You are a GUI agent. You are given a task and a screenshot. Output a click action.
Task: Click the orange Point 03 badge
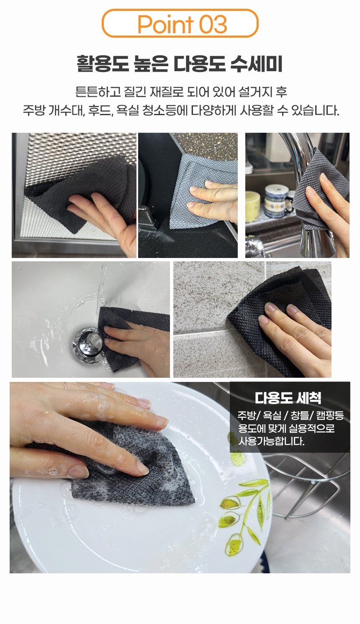tap(180, 24)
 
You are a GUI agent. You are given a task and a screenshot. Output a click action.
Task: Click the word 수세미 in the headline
tap(256, 64)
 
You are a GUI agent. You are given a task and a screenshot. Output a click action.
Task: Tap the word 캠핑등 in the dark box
tap(330, 415)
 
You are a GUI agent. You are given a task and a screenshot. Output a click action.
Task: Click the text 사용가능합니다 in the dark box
tap(271, 441)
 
